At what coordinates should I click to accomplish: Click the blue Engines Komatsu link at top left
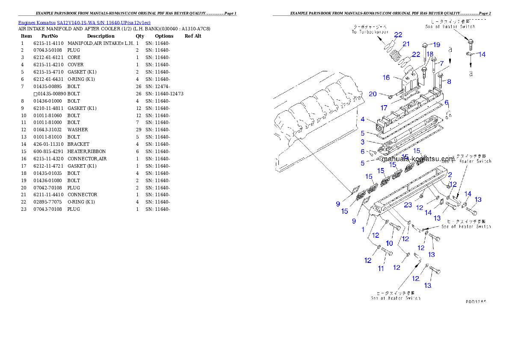click(x=84, y=22)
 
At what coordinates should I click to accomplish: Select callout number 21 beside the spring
click(x=406, y=44)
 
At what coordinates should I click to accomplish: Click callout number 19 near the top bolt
click(x=436, y=45)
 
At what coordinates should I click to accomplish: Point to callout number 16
click(x=386, y=78)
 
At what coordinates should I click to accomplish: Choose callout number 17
click(x=385, y=108)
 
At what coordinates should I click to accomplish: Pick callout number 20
click(x=373, y=94)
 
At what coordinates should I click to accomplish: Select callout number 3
click(x=362, y=142)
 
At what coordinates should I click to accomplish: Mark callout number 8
click(x=449, y=81)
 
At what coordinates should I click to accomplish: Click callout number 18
click(x=429, y=54)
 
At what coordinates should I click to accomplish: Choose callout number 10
click(x=389, y=243)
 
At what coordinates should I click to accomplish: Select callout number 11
click(x=381, y=269)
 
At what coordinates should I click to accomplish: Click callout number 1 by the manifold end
click(x=363, y=230)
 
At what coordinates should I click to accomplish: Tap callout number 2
click(x=450, y=174)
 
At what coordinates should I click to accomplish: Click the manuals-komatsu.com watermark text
click(x=418, y=159)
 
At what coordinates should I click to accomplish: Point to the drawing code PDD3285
click(x=476, y=301)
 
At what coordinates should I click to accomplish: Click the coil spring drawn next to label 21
click(x=397, y=56)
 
